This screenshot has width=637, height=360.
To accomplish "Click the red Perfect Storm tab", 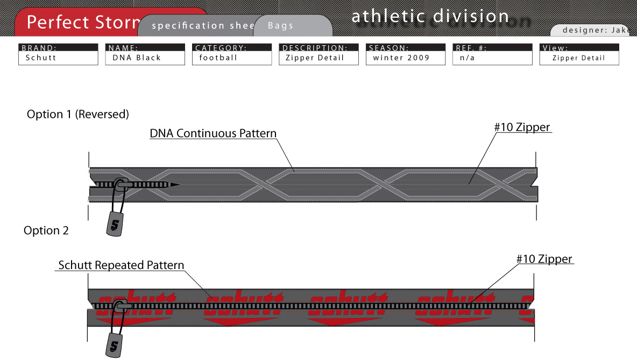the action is point(81,22).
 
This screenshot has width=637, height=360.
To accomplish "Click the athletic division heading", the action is point(430,17).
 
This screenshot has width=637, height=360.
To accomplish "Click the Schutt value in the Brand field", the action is point(41,58).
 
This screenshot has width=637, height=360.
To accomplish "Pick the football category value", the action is point(218,58).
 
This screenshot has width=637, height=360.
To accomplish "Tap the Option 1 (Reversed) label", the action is point(78,114).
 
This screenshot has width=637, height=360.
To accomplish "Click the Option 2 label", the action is point(46,230).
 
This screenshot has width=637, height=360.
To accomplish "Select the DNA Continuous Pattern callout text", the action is point(213,133).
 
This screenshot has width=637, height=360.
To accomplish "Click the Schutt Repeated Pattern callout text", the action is point(121,265).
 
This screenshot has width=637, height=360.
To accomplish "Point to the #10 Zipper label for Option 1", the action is point(522,128).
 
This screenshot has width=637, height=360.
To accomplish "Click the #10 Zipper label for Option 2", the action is point(544,259).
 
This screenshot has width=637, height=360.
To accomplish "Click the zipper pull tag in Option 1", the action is point(114,223).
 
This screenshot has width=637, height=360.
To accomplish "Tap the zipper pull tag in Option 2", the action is point(113,344).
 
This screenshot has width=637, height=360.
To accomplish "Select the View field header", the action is point(555,48).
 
